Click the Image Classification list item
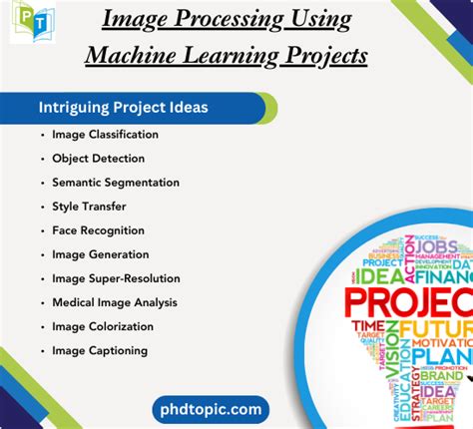105,135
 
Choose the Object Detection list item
99,159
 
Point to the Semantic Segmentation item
116,183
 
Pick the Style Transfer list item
91,207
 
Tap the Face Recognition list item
98,230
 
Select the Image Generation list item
101,254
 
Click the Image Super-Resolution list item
116,278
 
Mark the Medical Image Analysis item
114,302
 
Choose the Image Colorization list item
103,326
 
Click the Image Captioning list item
100,350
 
